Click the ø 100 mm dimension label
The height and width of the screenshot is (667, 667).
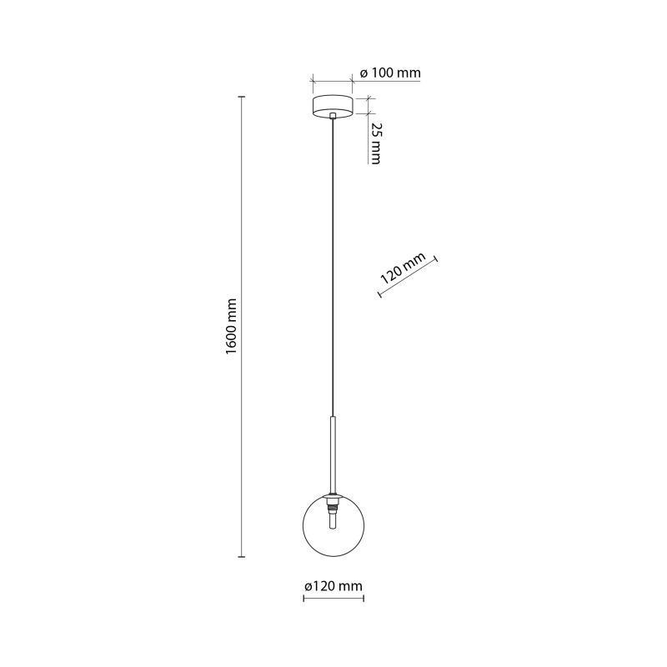click(x=390, y=73)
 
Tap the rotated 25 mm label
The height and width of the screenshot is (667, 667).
click(x=376, y=143)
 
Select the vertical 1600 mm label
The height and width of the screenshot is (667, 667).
click(x=231, y=327)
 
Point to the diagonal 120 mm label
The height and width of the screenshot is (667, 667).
click(x=403, y=268)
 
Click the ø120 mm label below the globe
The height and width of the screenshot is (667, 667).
click(x=333, y=586)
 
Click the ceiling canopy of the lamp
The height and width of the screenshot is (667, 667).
click(x=333, y=107)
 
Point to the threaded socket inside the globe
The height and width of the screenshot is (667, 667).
click(x=333, y=507)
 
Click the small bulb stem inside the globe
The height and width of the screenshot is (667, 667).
click(x=333, y=520)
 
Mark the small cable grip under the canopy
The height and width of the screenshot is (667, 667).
click(x=333, y=116)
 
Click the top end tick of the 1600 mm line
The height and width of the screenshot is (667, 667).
click(x=242, y=98)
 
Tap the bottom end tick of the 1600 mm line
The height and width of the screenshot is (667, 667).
click(x=242, y=556)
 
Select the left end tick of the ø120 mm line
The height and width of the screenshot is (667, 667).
click(x=303, y=599)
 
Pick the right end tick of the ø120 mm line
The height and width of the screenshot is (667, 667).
click(x=364, y=599)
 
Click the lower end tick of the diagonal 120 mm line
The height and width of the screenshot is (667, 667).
click(x=379, y=293)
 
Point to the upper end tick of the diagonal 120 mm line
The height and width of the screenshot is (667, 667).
click(x=436, y=260)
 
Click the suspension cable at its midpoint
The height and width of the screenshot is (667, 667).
click(x=333, y=267)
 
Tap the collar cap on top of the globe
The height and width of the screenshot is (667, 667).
click(x=333, y=496)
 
